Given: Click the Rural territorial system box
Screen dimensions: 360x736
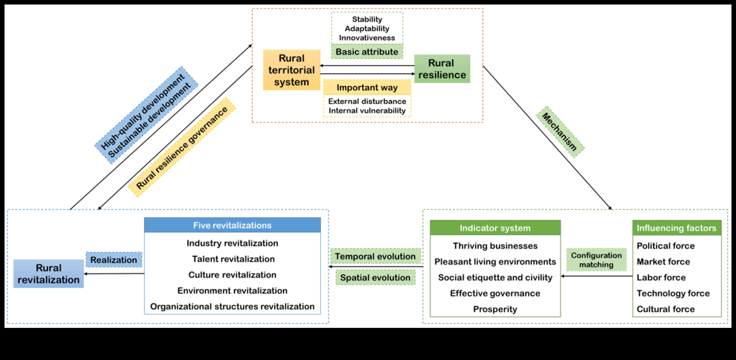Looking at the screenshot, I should click(291, 70).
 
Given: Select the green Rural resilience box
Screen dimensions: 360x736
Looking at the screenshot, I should click(442, 69).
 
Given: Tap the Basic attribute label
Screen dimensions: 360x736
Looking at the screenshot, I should click(367, 52).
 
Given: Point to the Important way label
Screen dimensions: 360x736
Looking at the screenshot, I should click(367, 87).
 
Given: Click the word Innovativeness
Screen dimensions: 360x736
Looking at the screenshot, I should click(367, 38).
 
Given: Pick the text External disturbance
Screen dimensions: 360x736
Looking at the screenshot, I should click(367, 101).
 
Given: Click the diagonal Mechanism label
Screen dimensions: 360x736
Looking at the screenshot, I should click(560, 132).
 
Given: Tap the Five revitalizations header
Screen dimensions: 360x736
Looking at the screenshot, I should click(232, 225).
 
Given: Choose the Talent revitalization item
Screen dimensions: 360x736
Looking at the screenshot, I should click(233, 259).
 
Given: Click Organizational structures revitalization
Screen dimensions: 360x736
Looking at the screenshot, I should click(232, 306).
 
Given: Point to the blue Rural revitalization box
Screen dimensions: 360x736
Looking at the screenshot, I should click(49, 274).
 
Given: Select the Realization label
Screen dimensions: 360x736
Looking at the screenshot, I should click(114, 260).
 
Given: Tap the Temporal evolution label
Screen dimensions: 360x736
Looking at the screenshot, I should click(375, 256).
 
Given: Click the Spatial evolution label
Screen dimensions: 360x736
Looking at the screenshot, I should click(375, 277).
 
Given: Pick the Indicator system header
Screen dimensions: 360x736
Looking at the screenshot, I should click(495, 228).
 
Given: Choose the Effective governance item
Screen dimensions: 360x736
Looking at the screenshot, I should click(495, 293).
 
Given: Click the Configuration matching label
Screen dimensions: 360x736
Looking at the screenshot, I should click(596, 260).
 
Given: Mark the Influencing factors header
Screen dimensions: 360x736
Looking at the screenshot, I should click(676, 228).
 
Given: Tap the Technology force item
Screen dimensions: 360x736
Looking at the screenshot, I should click(673, 293).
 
